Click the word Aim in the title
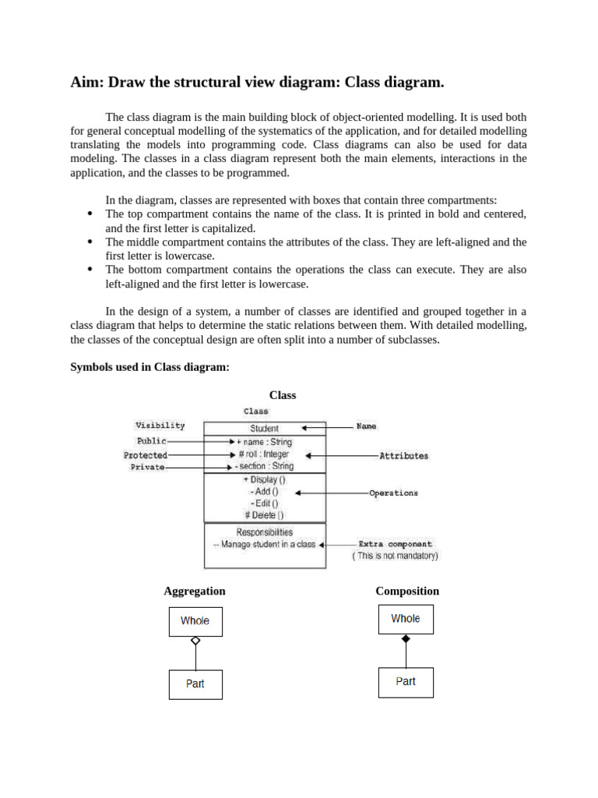click(x=86, y=82)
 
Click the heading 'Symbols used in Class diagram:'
click(x=149, y=367)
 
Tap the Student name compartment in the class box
click(x=264, y=428)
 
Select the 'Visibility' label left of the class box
click(x=160, y=425)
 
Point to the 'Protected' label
click(x=145, y=455)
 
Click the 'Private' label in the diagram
click(x=147, y=468)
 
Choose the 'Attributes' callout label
click(x=403, y=456)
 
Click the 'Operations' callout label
click(x=393, y=493)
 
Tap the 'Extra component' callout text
click(x=395, y=545)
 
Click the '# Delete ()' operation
click(x=264, y=515)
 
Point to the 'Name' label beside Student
click(x=366, y=426)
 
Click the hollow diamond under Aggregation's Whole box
click(x=195, y=641)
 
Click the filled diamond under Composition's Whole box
click(x=405, y=638)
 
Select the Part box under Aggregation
click(x=195, y=684)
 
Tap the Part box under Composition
click(x=405, y=682)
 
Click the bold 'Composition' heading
click(x=407, y=591)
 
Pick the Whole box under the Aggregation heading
click(x=195, y=621)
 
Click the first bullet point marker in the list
click(x=90, y=214)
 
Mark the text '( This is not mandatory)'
click(x=395, y=556)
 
